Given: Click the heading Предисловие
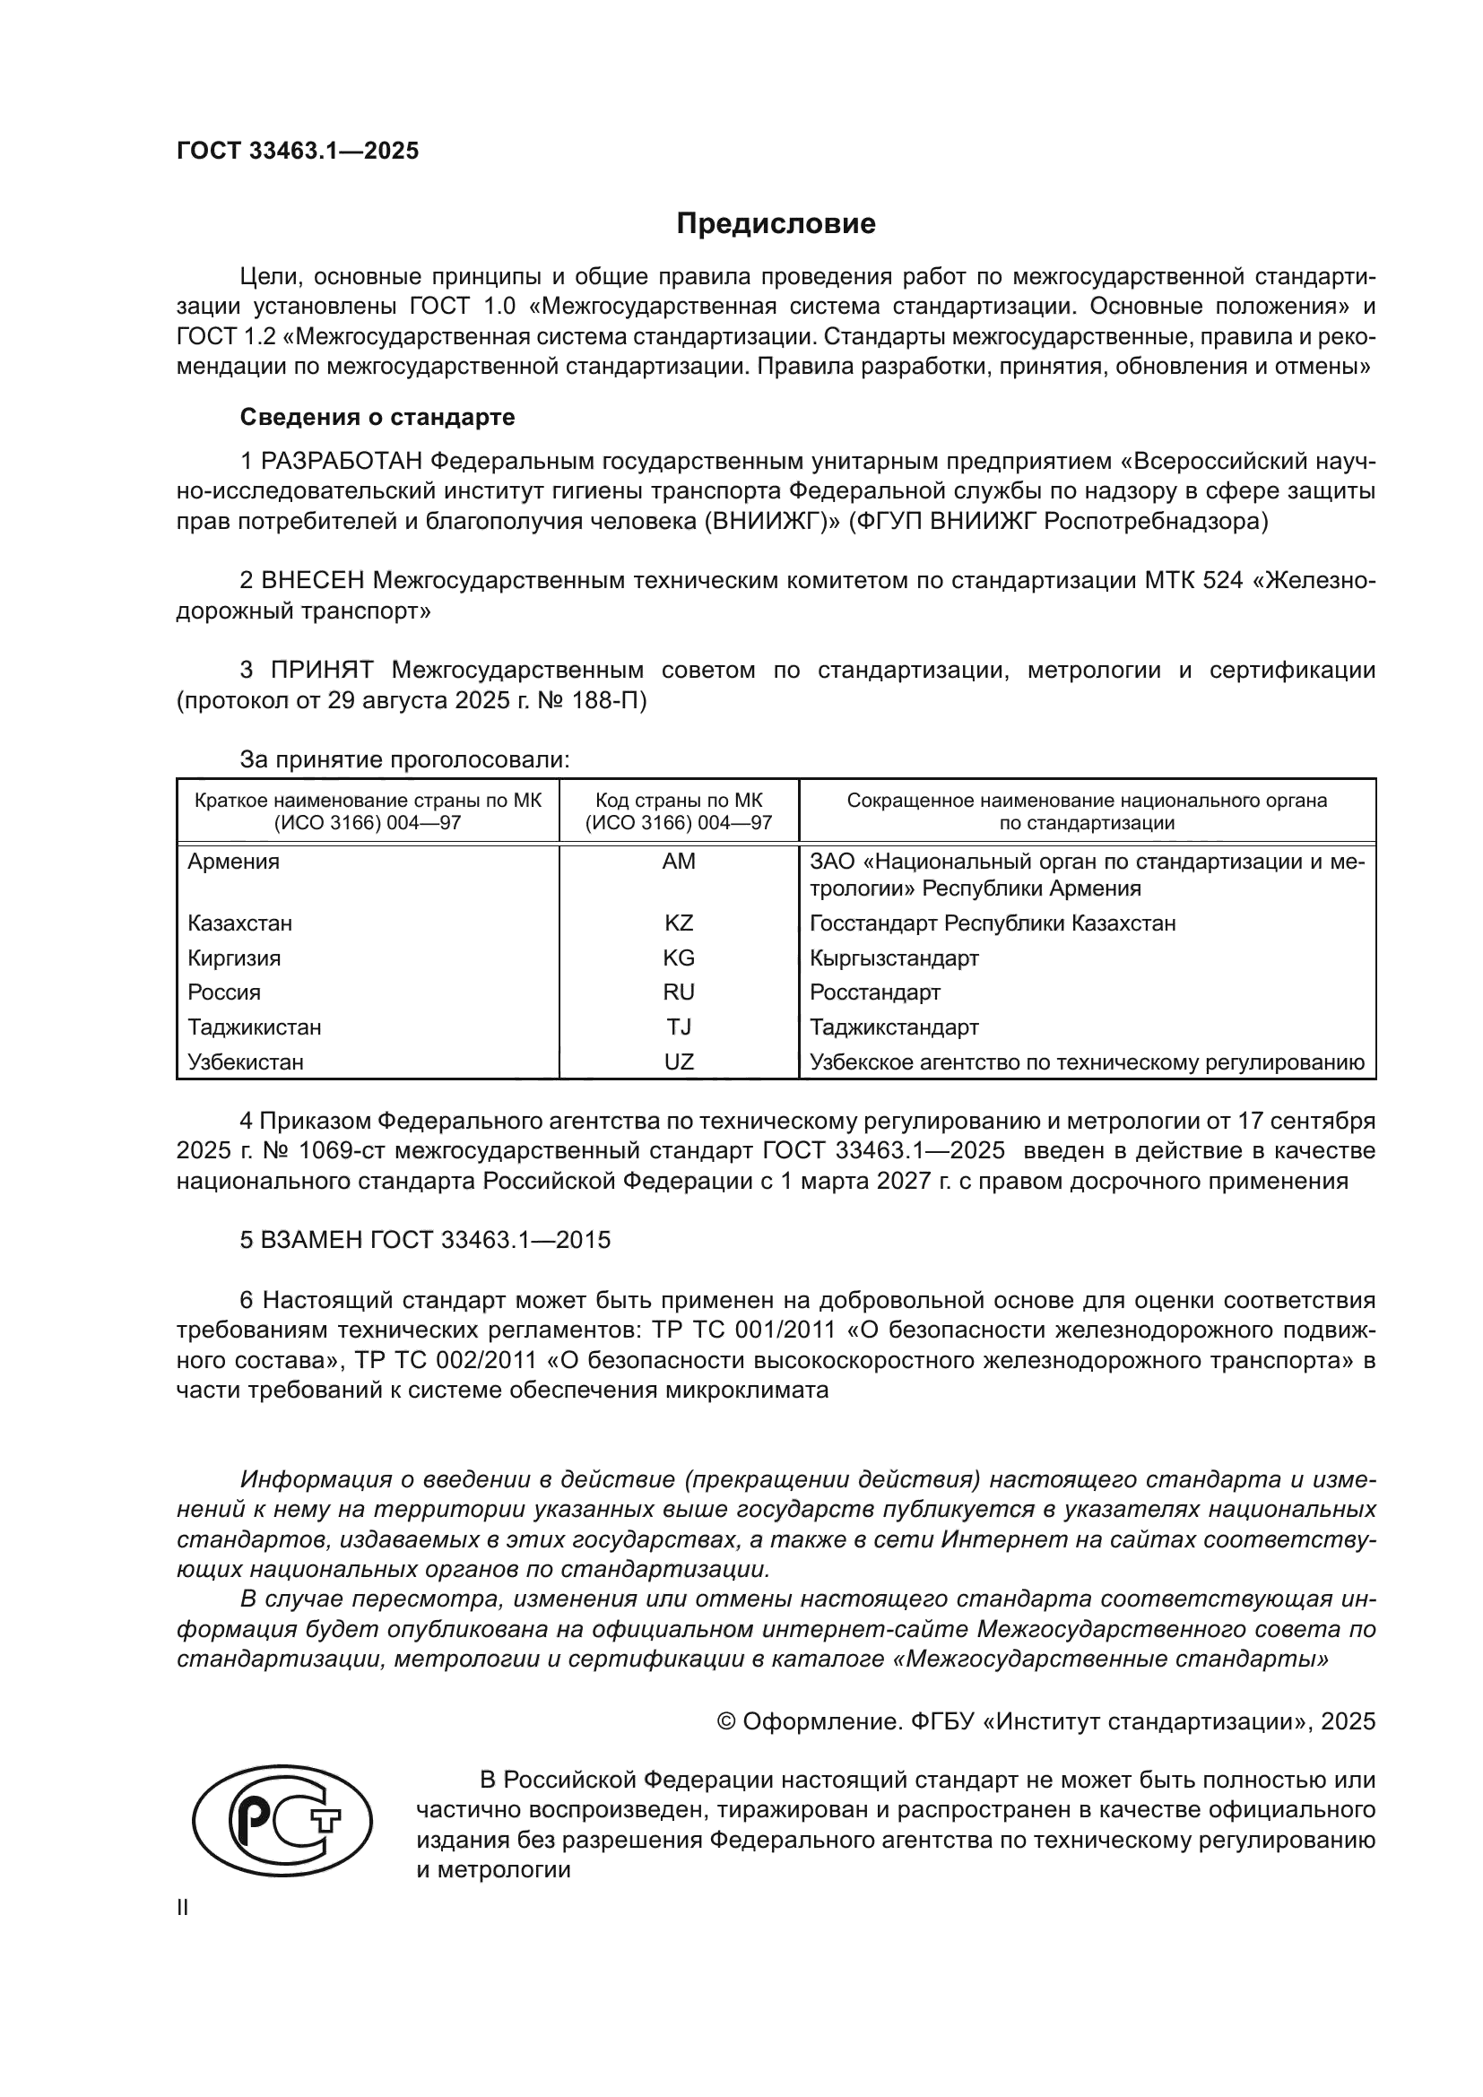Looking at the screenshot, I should click(776, 224).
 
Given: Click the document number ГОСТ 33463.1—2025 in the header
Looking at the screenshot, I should click(298, 152).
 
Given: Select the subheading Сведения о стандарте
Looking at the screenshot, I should click(377, 418).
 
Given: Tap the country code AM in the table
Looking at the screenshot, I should click(679, 862).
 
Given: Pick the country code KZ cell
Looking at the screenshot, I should click(679, 923).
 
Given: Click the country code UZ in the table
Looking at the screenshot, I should click(679, 1062).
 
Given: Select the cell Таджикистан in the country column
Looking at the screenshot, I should click(255, 1027).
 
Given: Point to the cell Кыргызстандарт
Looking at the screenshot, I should click(894, 958).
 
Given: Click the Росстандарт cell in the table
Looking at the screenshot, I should click(875, 992).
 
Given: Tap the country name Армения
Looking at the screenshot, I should click(234, 862).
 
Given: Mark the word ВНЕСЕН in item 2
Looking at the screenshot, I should click(312, 580).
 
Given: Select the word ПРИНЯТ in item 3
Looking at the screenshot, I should click(322, 671).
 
